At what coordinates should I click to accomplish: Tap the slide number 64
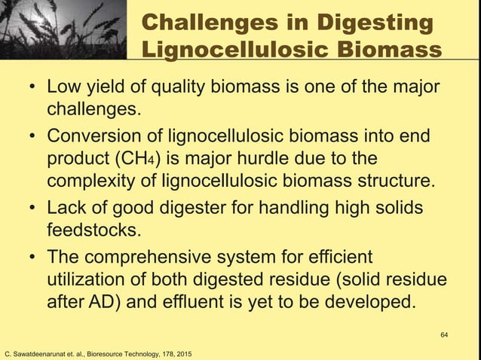tap(443, 331)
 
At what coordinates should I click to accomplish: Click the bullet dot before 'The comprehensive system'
tap(33, 258)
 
